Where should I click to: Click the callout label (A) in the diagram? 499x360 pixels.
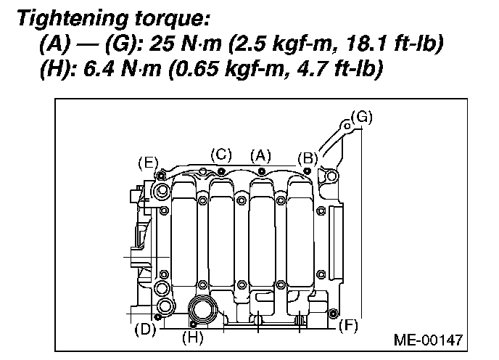click(x=260, y=156)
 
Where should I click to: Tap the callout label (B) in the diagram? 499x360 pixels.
click(x=308, y=158)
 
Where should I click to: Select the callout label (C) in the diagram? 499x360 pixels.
click(x=221, y=155)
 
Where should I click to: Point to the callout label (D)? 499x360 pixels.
click(x=145, y=329)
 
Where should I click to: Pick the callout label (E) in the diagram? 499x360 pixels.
click(x=148, y=163)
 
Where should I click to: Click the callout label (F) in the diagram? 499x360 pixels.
click(x=348, y=326)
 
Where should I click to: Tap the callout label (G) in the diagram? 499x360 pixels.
click(x=362, y=118)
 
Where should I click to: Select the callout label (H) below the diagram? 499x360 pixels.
click(x=192, y=337)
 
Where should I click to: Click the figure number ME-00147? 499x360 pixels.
click(x=429, y=340)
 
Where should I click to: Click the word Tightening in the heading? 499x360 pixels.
click(x=73, y=19)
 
